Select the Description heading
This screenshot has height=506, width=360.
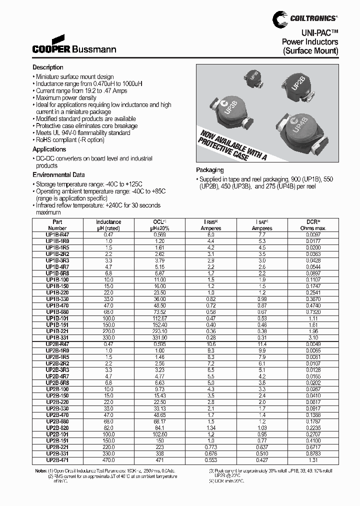(48, 67)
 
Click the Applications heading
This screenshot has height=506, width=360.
(49, 149)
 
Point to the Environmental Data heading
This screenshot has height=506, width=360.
(58, 175)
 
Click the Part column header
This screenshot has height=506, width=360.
(56, 222)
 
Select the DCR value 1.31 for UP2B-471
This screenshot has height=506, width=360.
(313, 460)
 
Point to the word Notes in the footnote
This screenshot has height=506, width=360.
(40, 471)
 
